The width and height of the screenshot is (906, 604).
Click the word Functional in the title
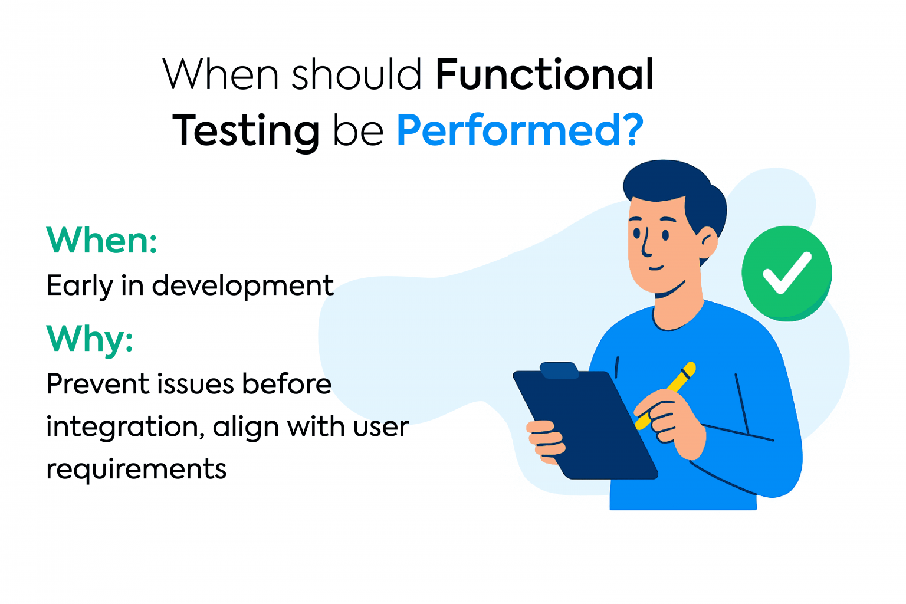click(544, 75)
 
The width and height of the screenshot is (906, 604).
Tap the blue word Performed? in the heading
click(519, 130)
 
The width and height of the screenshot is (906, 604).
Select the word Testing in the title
click(245, 131)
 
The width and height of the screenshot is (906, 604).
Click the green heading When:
click(102, 241)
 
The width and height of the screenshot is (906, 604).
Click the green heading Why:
click(90, 339)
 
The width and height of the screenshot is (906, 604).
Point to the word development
click(242, 287)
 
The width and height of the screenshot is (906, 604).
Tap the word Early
click(79, 287)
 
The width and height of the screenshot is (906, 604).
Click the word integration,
click(125, 427)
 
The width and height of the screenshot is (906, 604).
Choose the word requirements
click(136, 470)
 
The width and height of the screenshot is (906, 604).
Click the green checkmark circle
click(786, 273)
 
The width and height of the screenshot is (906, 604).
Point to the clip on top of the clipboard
click(559, 370)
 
